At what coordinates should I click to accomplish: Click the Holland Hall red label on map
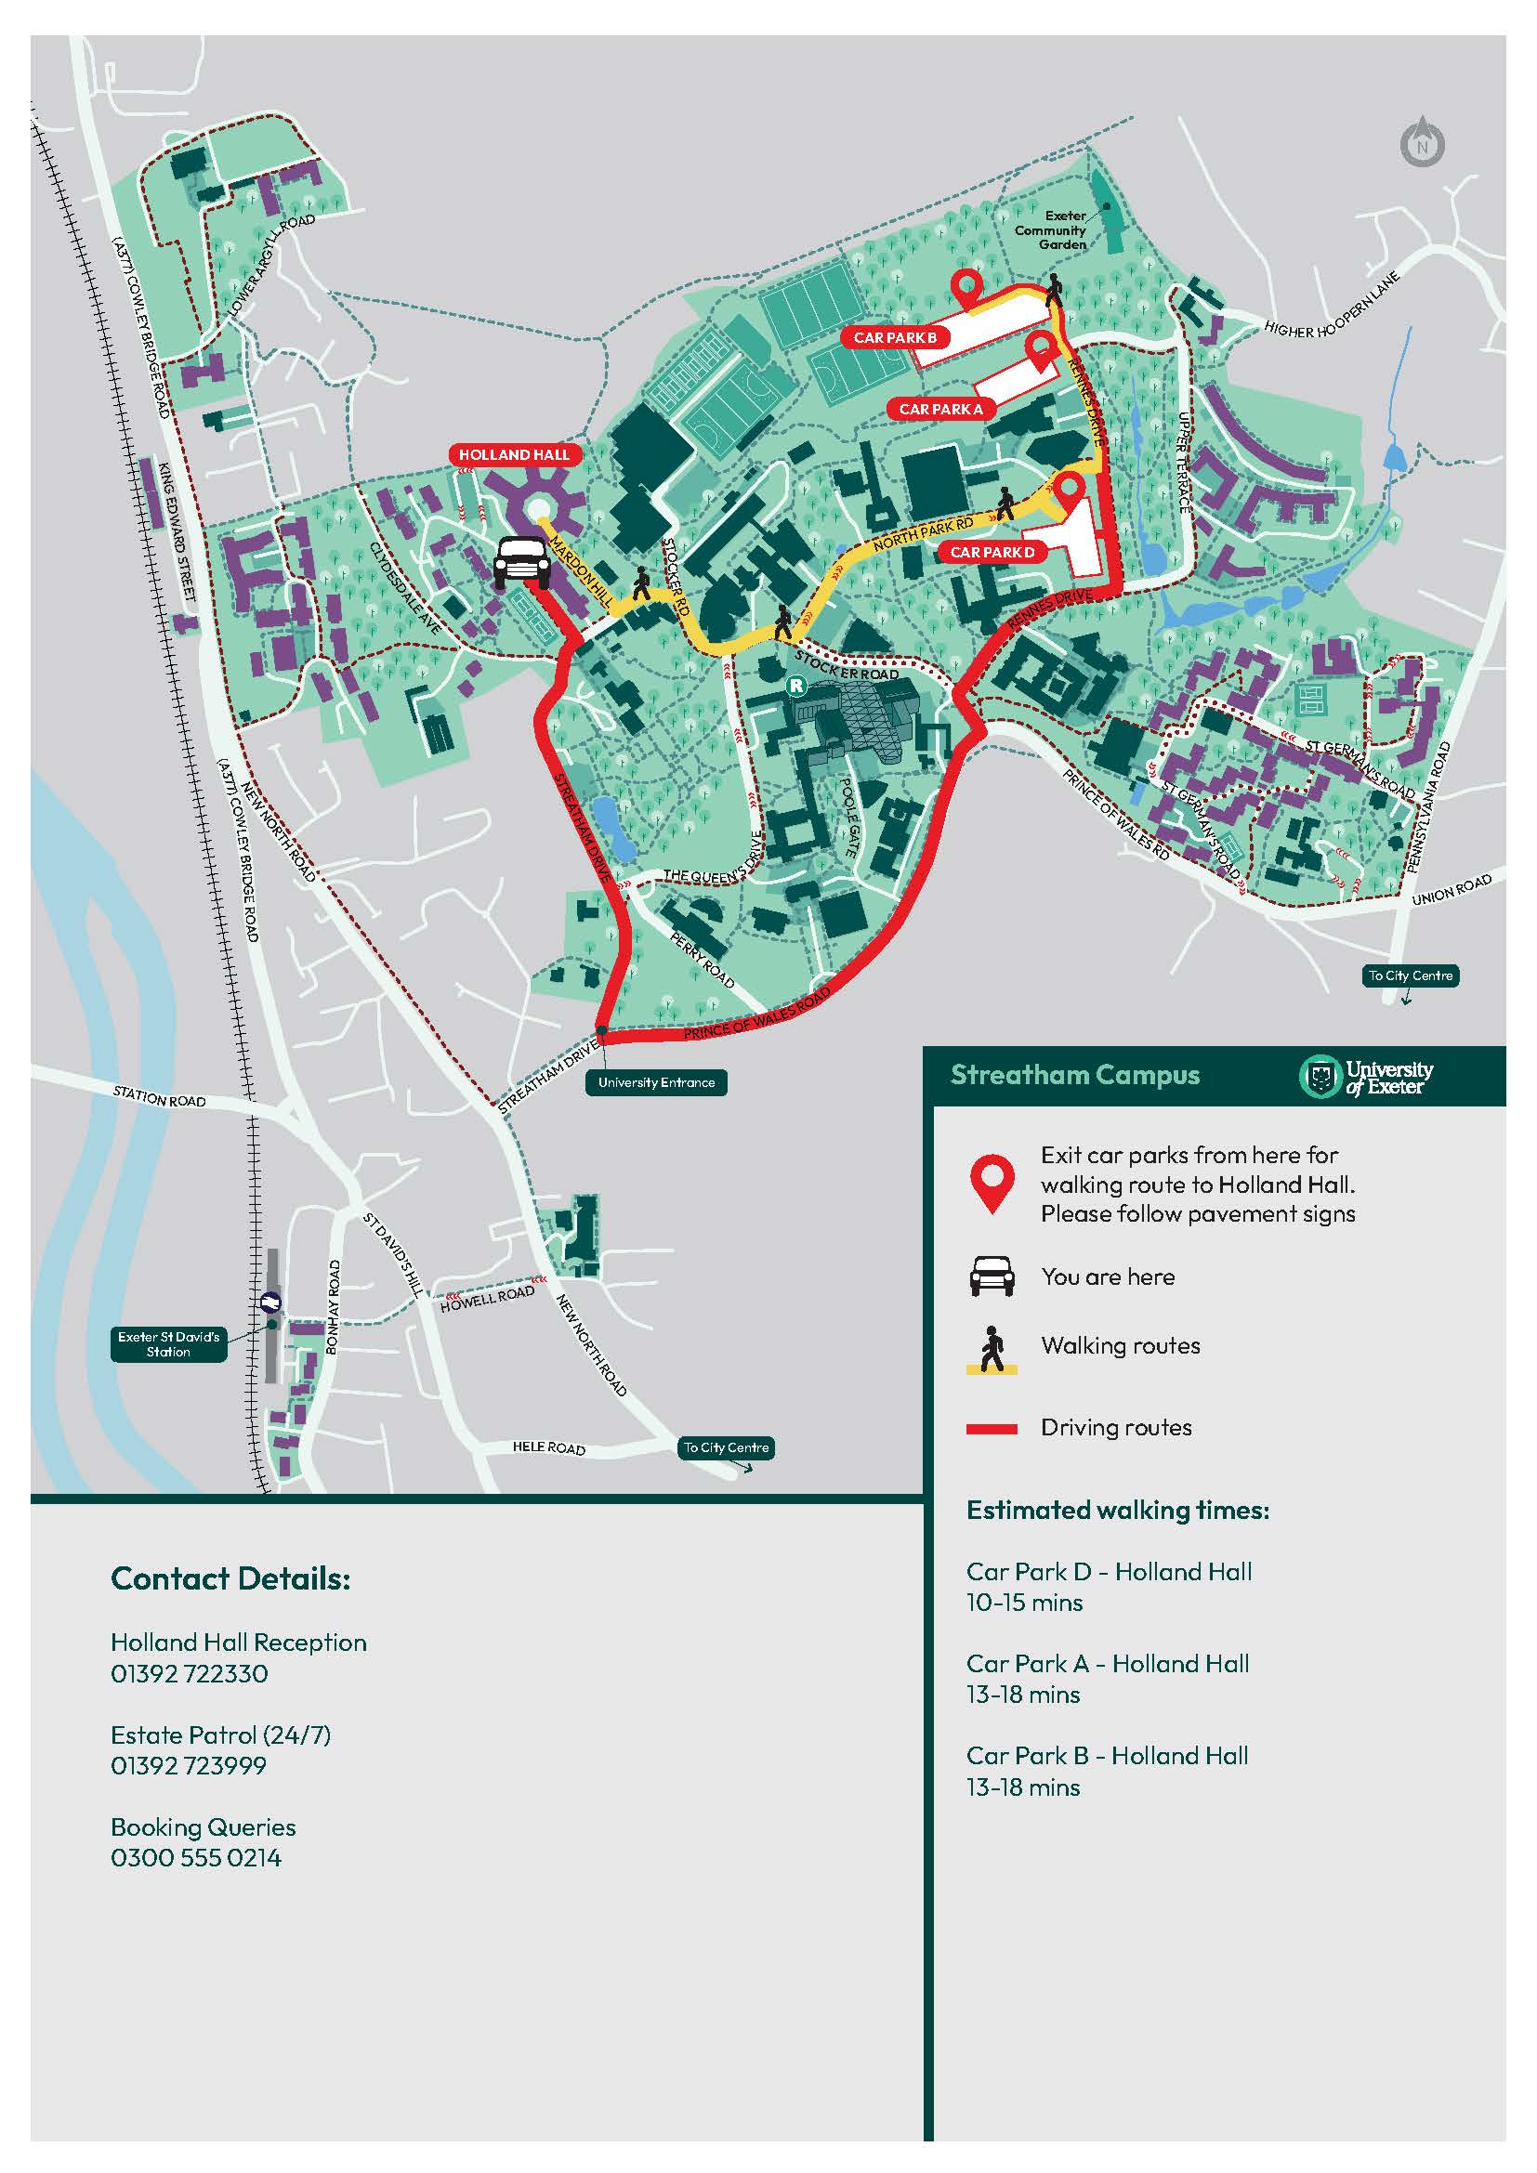pos(514,454)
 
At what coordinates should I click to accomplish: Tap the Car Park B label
pos(894,337)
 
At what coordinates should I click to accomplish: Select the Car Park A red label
pos(939,409)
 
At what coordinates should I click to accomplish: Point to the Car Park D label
pos(992,552)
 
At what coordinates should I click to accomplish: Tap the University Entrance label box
pos(656,1082)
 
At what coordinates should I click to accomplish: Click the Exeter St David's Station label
pos(168,1344)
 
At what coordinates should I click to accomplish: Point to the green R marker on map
pos(797,685)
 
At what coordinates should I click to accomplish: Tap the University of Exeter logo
pos(1367,1076)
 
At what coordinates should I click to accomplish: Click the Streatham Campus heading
pos(1074,1075)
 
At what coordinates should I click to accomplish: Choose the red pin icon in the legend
pos(991,1183)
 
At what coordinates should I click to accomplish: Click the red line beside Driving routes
pos(991,1429)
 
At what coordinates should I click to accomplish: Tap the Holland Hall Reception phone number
pos(190,1673)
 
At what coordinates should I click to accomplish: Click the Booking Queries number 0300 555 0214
pos(196,1858)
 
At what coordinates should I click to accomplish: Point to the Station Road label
pos(159,1098)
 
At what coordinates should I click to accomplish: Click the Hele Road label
pos(549,1447)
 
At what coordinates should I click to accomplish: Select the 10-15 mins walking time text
pos(1024,1603)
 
